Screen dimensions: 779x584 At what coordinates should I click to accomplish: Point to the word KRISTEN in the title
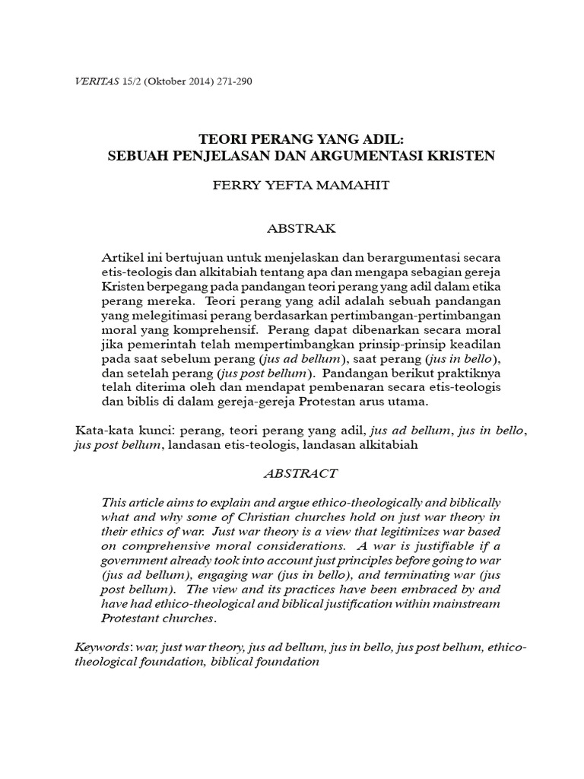click(462, 156)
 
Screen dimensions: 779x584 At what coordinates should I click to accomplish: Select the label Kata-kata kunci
click(113, 430)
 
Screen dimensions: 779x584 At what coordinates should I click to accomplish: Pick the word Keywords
click(102, 647)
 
